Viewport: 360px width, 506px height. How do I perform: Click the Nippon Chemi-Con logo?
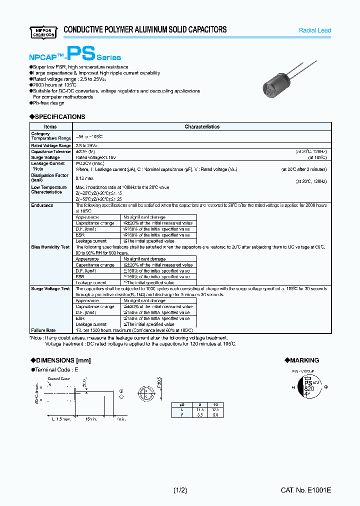click(42, 31)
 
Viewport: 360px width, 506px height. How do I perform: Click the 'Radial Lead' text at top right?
click(314, 30)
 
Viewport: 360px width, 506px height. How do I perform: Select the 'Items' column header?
click(50, 126)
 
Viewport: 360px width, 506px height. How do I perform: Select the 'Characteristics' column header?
click(202, 126)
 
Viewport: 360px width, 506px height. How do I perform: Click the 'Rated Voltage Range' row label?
click(50, 145)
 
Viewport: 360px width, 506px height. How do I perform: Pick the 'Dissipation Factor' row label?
click(49, 175)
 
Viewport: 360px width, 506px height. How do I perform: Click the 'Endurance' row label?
click(42, 205)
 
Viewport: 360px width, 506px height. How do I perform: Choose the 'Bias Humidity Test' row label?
click(50, 247)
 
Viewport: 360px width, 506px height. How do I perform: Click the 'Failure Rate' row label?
click(43, 330)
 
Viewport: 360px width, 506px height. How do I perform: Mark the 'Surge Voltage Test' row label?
click(50, 288)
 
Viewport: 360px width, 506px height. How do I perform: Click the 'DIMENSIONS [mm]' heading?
click(62, 360)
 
